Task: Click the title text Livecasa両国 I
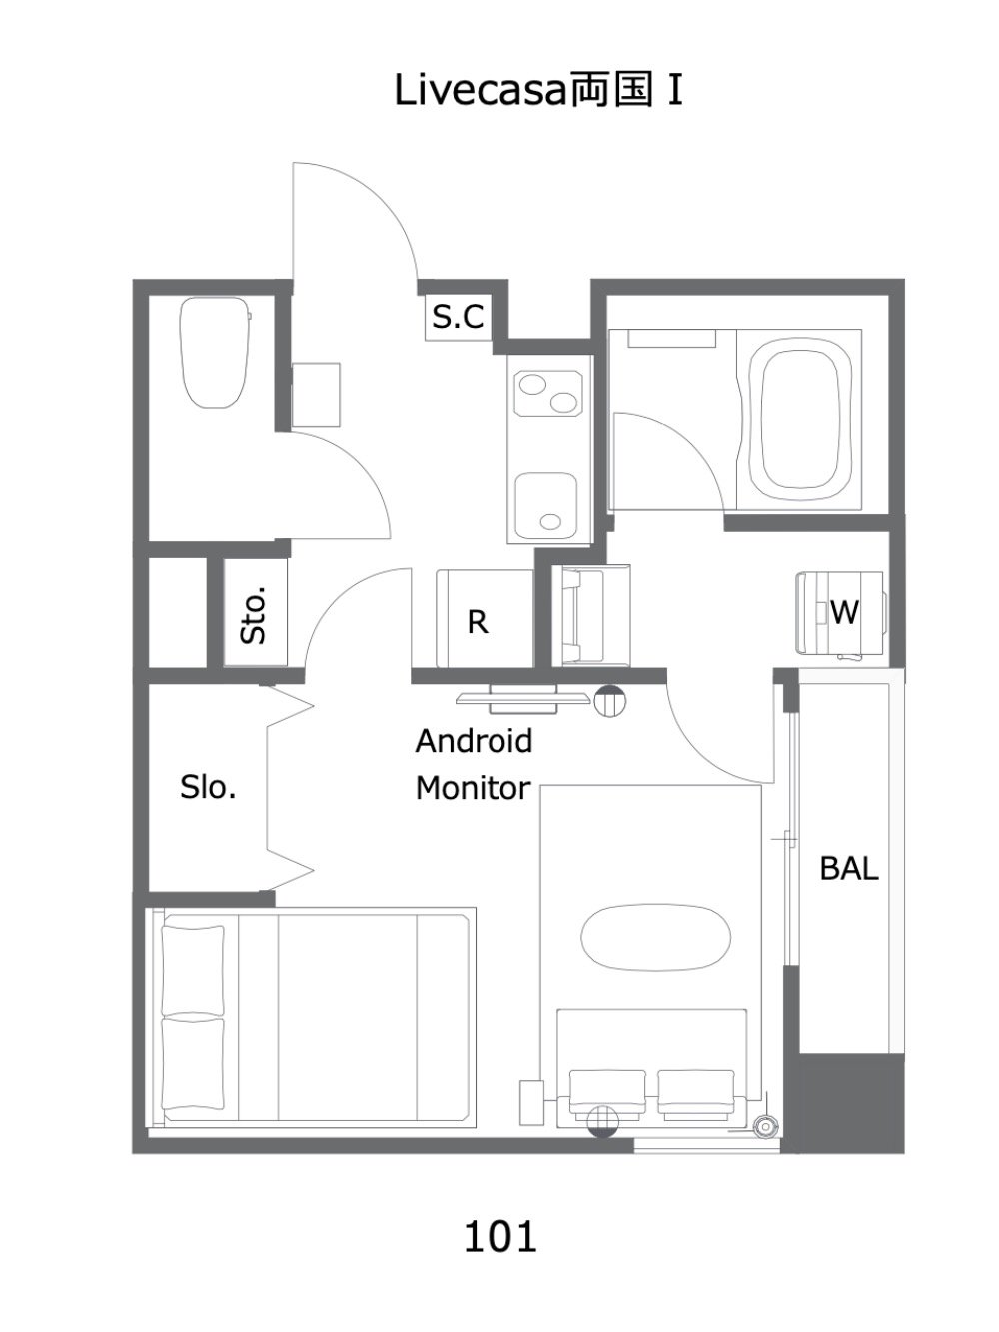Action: pos(538,91)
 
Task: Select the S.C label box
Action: pos(459,317)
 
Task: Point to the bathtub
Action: pos(799,420)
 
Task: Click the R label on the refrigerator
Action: pos(478,622)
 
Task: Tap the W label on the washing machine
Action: pos(844,612)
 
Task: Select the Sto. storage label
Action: pos(254,614)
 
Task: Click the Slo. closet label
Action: pos(208,787)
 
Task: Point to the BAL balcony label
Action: pos(849,868)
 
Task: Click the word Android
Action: pos(474,740)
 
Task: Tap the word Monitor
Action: pos(474,788)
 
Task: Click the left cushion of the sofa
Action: pos(607,1094)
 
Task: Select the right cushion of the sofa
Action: pos(696,1094)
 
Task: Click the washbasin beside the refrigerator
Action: pos(588,616)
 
